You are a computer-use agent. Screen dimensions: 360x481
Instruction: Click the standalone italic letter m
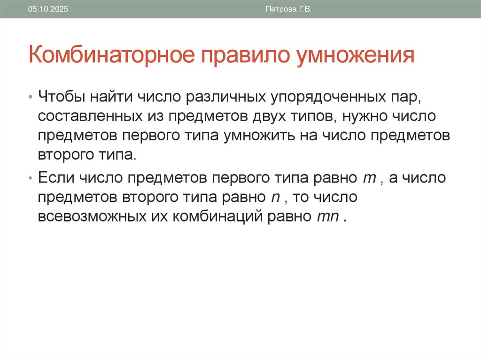[368, 179]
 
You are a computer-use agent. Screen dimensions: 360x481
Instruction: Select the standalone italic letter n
[275, 199]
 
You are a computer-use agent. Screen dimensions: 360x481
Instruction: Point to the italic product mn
[322, 218]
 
